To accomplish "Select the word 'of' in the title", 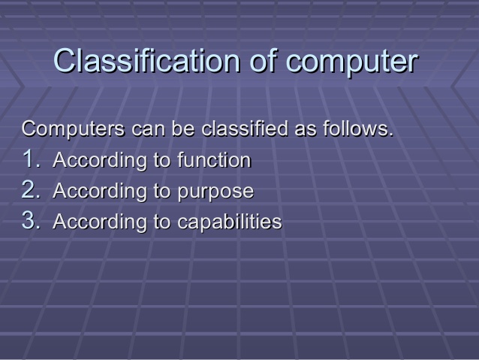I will point(264,62).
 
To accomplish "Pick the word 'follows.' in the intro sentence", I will point(358,129).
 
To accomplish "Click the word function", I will point(214,160).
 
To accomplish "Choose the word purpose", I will point(215,192).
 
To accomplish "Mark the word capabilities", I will point(230,222).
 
